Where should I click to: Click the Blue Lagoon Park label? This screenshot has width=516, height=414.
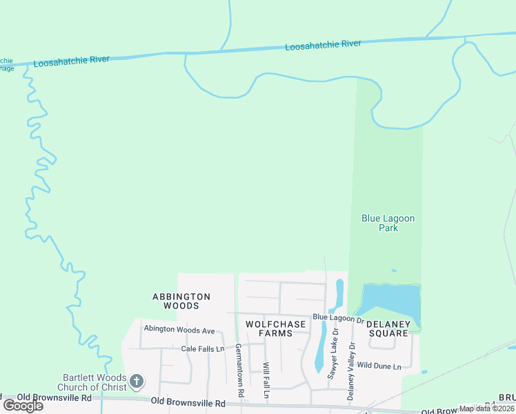(388, 223)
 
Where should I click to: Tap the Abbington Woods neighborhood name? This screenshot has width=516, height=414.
(181, 301)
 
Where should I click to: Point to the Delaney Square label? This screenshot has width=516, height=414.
(388, 328)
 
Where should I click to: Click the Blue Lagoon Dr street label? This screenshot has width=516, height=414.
(338, 317)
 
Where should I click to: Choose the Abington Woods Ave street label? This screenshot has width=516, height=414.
(179, 330)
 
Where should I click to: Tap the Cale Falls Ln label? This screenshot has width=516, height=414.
(203, 349)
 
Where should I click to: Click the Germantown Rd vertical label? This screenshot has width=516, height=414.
(239, 370)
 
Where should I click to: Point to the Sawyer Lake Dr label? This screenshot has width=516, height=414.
(334, 354)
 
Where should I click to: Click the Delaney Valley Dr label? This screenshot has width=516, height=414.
(352, 371)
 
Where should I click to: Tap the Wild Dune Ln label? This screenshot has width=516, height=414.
(379, 366)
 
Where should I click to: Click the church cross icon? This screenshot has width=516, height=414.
(137, 381)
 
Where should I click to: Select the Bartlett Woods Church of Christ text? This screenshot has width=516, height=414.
(95, 382)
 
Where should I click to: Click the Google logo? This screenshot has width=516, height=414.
(23, 405)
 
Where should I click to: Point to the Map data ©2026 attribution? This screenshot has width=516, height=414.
(486, 408)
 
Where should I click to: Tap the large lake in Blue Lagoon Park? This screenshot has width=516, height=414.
(391, 302)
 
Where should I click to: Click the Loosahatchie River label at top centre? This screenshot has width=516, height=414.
(324, 45)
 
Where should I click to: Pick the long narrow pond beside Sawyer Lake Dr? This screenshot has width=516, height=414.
(321, 348)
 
